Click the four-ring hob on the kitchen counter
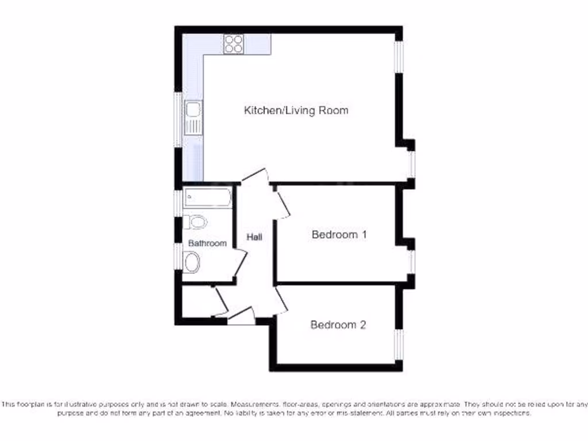point(234,44)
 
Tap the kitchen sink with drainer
point(194,117)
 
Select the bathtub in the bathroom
point(207,198)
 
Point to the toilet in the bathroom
point(196,222)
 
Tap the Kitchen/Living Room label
point(296,110)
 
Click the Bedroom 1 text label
point(339,234)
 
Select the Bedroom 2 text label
point(338,325)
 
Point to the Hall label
point(254,237)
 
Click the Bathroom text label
point(208,243)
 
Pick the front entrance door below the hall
point(241,316)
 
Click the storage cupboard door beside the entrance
point(220,301)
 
